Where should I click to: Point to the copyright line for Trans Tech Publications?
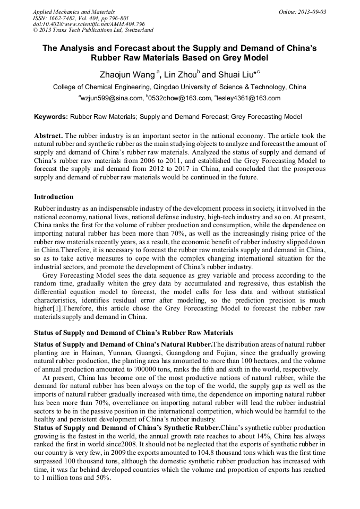pos(93,30)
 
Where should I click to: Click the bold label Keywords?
pos(51,116)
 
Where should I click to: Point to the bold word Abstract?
pos(49,136)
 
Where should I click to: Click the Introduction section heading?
pos(54,197)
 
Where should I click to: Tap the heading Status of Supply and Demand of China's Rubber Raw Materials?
pos(133,333)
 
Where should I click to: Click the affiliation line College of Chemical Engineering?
pos(179,87)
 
